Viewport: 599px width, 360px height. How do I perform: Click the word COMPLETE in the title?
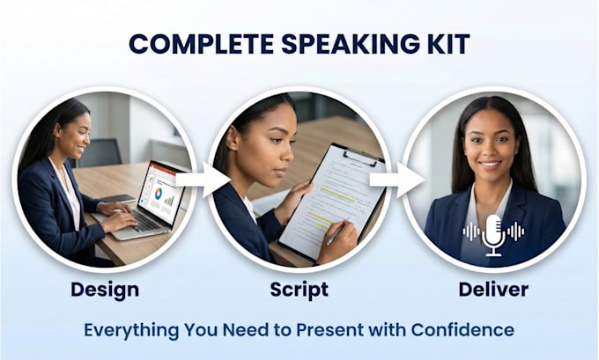[202, 43]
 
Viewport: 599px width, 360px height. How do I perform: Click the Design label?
[105, 290]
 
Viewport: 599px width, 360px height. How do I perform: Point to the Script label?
[299, 290]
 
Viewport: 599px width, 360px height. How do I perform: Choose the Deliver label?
[493, 290]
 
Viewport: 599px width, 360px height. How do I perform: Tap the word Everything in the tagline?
[131, 330]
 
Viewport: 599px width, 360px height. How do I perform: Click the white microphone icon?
[493, 235]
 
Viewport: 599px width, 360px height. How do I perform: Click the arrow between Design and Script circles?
[203, 180]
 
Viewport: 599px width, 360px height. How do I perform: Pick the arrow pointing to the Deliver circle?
[397, 180]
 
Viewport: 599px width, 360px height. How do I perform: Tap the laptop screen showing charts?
[160, 193]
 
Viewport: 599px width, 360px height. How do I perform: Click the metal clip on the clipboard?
[361, 158]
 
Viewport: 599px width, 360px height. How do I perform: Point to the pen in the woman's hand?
[336, 233]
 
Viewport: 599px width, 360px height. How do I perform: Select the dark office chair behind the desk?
[100, 153]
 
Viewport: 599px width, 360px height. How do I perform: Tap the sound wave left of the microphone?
[471, 231]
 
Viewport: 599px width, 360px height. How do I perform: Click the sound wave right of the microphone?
[515, 231]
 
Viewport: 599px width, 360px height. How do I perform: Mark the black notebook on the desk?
[118, 199]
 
